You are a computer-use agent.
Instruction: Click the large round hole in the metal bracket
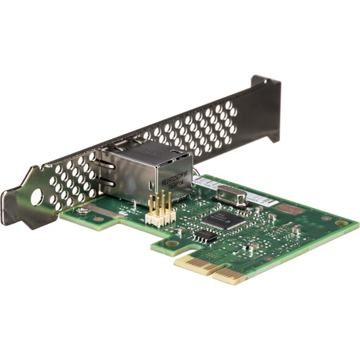coord(37,197)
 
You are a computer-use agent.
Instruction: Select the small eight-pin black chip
coord(205,235)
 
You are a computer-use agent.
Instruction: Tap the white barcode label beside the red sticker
coord(263,202)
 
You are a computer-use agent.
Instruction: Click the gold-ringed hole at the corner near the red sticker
coord(341,223)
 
